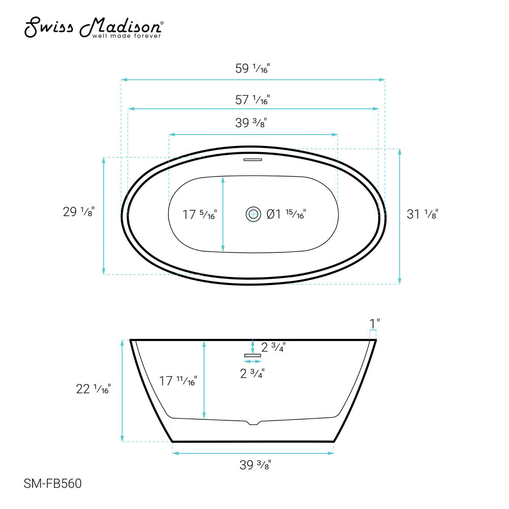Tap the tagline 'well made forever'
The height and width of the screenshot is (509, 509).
126,36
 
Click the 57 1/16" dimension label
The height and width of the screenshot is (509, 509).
252,100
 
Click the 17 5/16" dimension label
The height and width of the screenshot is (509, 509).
200,215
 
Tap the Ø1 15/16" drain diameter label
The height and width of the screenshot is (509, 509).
287,214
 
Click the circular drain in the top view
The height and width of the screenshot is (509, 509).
253,214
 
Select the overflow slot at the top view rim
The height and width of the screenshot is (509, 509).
252,160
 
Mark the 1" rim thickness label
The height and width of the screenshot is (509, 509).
375,323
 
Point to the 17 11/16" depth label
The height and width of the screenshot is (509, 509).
178,380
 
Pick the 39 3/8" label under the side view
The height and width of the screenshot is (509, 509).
252,465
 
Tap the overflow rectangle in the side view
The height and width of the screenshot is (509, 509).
252,355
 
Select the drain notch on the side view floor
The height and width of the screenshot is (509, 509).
252,422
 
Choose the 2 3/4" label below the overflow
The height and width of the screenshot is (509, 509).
252,374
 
